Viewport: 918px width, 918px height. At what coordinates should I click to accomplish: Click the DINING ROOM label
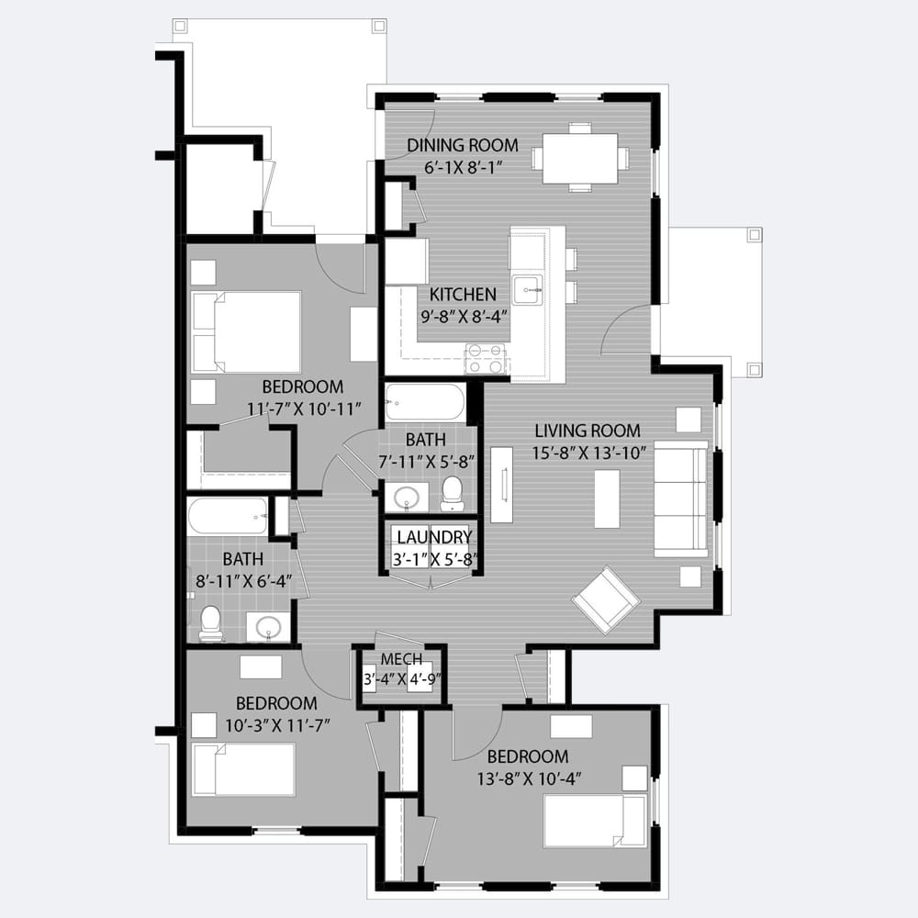[463, 145]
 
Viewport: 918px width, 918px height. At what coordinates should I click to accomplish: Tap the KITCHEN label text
[463, 295]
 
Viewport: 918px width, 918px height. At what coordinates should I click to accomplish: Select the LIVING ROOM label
[588, 431]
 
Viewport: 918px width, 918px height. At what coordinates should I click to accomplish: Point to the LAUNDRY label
[434, 537]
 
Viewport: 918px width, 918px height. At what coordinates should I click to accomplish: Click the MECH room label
[402, 659]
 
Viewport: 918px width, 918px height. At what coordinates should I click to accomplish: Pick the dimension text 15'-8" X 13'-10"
[589, 453]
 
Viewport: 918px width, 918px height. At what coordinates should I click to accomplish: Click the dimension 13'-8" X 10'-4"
[528, 779]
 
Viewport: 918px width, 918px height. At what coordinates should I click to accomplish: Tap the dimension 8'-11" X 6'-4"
[243, 581]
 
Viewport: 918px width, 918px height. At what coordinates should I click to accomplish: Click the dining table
[579, 159]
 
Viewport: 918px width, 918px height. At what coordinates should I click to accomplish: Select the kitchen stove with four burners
[485, 359]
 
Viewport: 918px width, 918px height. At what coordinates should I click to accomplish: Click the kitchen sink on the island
[528, 289]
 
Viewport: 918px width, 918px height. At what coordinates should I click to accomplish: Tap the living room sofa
[681, 498]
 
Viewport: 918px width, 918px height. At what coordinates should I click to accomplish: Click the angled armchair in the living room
[606, 599]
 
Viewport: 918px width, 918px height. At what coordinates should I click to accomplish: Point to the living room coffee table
[607, 499]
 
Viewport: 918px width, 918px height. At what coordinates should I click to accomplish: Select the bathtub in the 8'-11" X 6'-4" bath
[228, 516]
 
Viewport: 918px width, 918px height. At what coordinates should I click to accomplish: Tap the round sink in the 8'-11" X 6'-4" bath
[269, 626]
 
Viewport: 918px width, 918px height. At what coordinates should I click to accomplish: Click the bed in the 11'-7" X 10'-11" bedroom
[246, 332]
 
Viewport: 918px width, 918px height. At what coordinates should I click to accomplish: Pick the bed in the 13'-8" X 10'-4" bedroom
[595, 821]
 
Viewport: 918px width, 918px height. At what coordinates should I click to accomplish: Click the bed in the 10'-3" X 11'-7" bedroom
[243, 769]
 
